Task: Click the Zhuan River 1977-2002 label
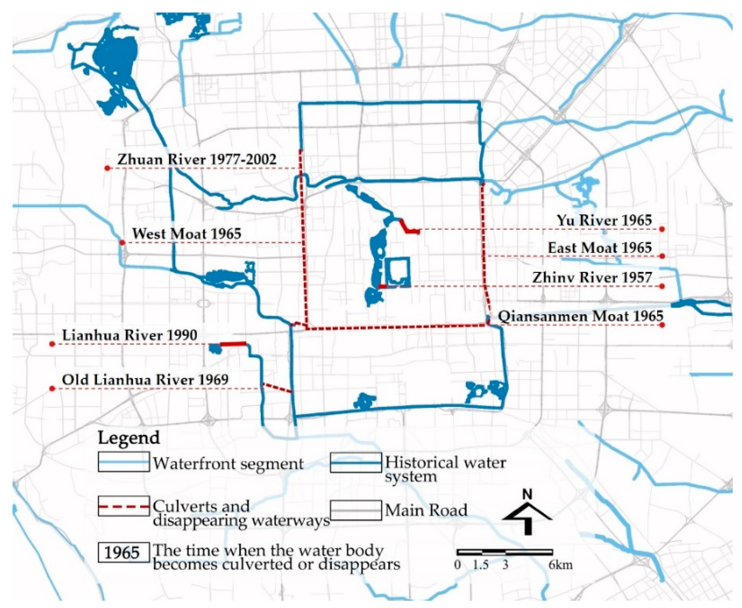(x=197, y=160)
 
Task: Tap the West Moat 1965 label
(x=187, y=234)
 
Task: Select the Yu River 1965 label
(x=604, y=220)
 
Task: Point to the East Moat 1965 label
(x=600, y=248)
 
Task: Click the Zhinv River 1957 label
(x=592, y=278)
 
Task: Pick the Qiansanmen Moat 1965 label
(x=580, y=316)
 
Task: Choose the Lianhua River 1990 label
(x=130, y=335)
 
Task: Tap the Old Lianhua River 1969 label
(x=145, y=380)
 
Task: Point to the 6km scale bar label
(x=560, y=565)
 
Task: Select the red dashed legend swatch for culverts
(x=124, y=506)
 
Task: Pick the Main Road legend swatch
(x=356, y=510)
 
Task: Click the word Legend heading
(x=129, y=438)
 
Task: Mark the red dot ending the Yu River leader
(x=662, y=229)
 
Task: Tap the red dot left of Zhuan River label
(x=108, y=169)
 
